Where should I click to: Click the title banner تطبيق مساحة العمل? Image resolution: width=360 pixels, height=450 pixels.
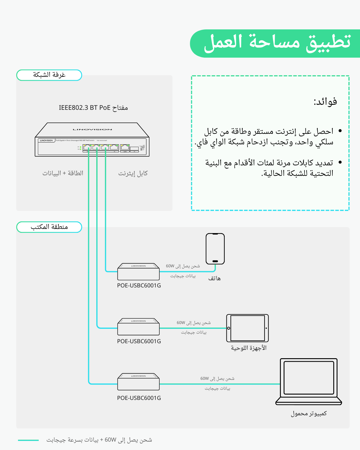(x=276, y=43)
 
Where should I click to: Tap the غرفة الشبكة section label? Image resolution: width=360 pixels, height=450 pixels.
(x=49, y=75)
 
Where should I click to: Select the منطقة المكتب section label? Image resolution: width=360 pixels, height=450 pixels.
(x=49, y=227)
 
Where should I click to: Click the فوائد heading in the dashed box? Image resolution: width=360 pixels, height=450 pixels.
(x=325, y=102)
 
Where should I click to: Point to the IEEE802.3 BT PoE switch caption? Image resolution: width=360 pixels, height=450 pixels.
(x=93, y=108)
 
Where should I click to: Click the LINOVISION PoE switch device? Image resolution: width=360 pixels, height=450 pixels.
(x=92, y=140)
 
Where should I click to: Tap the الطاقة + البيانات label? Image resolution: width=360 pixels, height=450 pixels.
(x=63, y=173)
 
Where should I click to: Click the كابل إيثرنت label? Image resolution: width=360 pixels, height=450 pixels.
(x=133, y=173)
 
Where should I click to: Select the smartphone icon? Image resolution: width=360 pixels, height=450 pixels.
(x=215, y=249)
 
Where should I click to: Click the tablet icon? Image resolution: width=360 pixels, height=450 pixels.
(x=247, y=328)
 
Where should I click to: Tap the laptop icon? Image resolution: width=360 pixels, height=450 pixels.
(x=309, y=381)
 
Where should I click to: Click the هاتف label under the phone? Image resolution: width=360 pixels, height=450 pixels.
(x=214, y=278)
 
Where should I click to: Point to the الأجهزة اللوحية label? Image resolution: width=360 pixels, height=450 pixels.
(x=249, y=348)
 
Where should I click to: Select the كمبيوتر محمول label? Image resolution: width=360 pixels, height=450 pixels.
(x=309, y=413)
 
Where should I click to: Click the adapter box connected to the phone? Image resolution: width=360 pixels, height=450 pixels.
(x=138, y=272)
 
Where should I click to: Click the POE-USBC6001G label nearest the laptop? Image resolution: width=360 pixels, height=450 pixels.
(x=139, y=398)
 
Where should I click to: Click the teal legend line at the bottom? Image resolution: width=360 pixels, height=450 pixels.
(x=28, y=440)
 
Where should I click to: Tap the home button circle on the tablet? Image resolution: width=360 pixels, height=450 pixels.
(x=229, y=328)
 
